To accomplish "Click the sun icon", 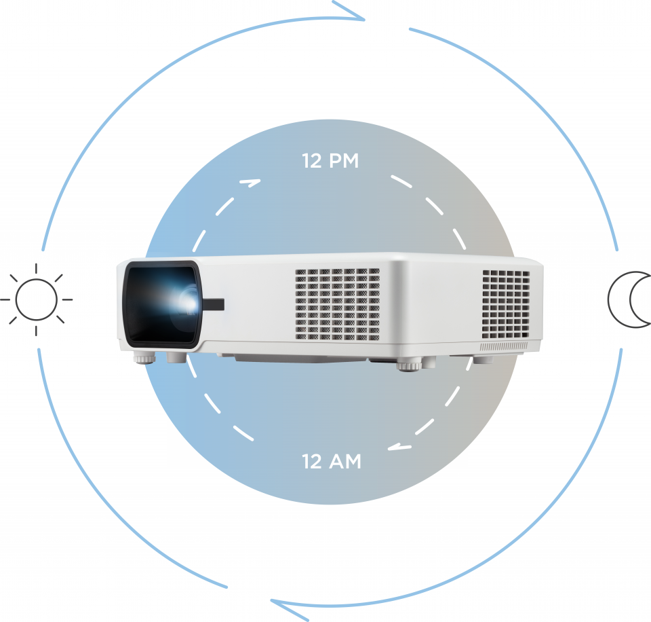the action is coord(36,299).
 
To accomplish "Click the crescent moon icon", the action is coord(629,299).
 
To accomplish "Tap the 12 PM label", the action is coord(330,161).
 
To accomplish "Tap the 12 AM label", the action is coord(332,462).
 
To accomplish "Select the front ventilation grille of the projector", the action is coord(337,304).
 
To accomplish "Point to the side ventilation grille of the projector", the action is coord(506,304).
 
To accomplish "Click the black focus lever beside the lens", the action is coord(214,305).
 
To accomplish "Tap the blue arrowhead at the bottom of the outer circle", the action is coord(290,610).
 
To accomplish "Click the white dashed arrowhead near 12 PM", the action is coord(250,183).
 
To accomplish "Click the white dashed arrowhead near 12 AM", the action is coord(399,447).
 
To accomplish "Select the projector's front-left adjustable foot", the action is coord(144,358).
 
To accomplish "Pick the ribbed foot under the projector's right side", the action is coord(409,366).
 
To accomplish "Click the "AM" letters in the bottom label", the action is coord(345,462).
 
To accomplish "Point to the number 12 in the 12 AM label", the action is coord(311,462).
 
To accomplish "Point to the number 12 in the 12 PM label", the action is coord(311,161).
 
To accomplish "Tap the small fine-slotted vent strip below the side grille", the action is coord(504,346).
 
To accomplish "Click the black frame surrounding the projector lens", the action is coord(163,304).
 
